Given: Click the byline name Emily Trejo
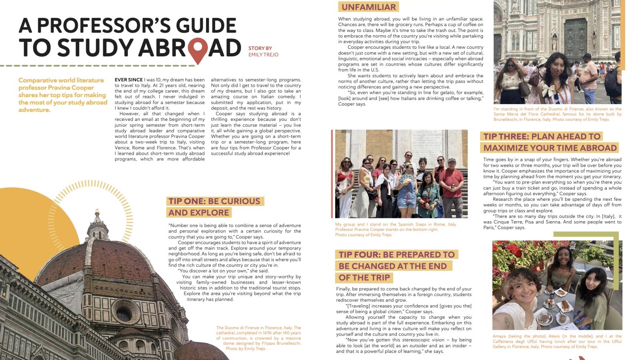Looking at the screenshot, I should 263,54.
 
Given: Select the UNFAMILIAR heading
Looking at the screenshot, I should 368,7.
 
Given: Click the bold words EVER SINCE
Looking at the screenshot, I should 128,80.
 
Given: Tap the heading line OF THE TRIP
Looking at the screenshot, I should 364,278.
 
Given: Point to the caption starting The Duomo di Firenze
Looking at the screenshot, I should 258,338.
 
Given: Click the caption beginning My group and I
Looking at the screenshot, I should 396,230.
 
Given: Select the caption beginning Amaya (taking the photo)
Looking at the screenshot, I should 557,341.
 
